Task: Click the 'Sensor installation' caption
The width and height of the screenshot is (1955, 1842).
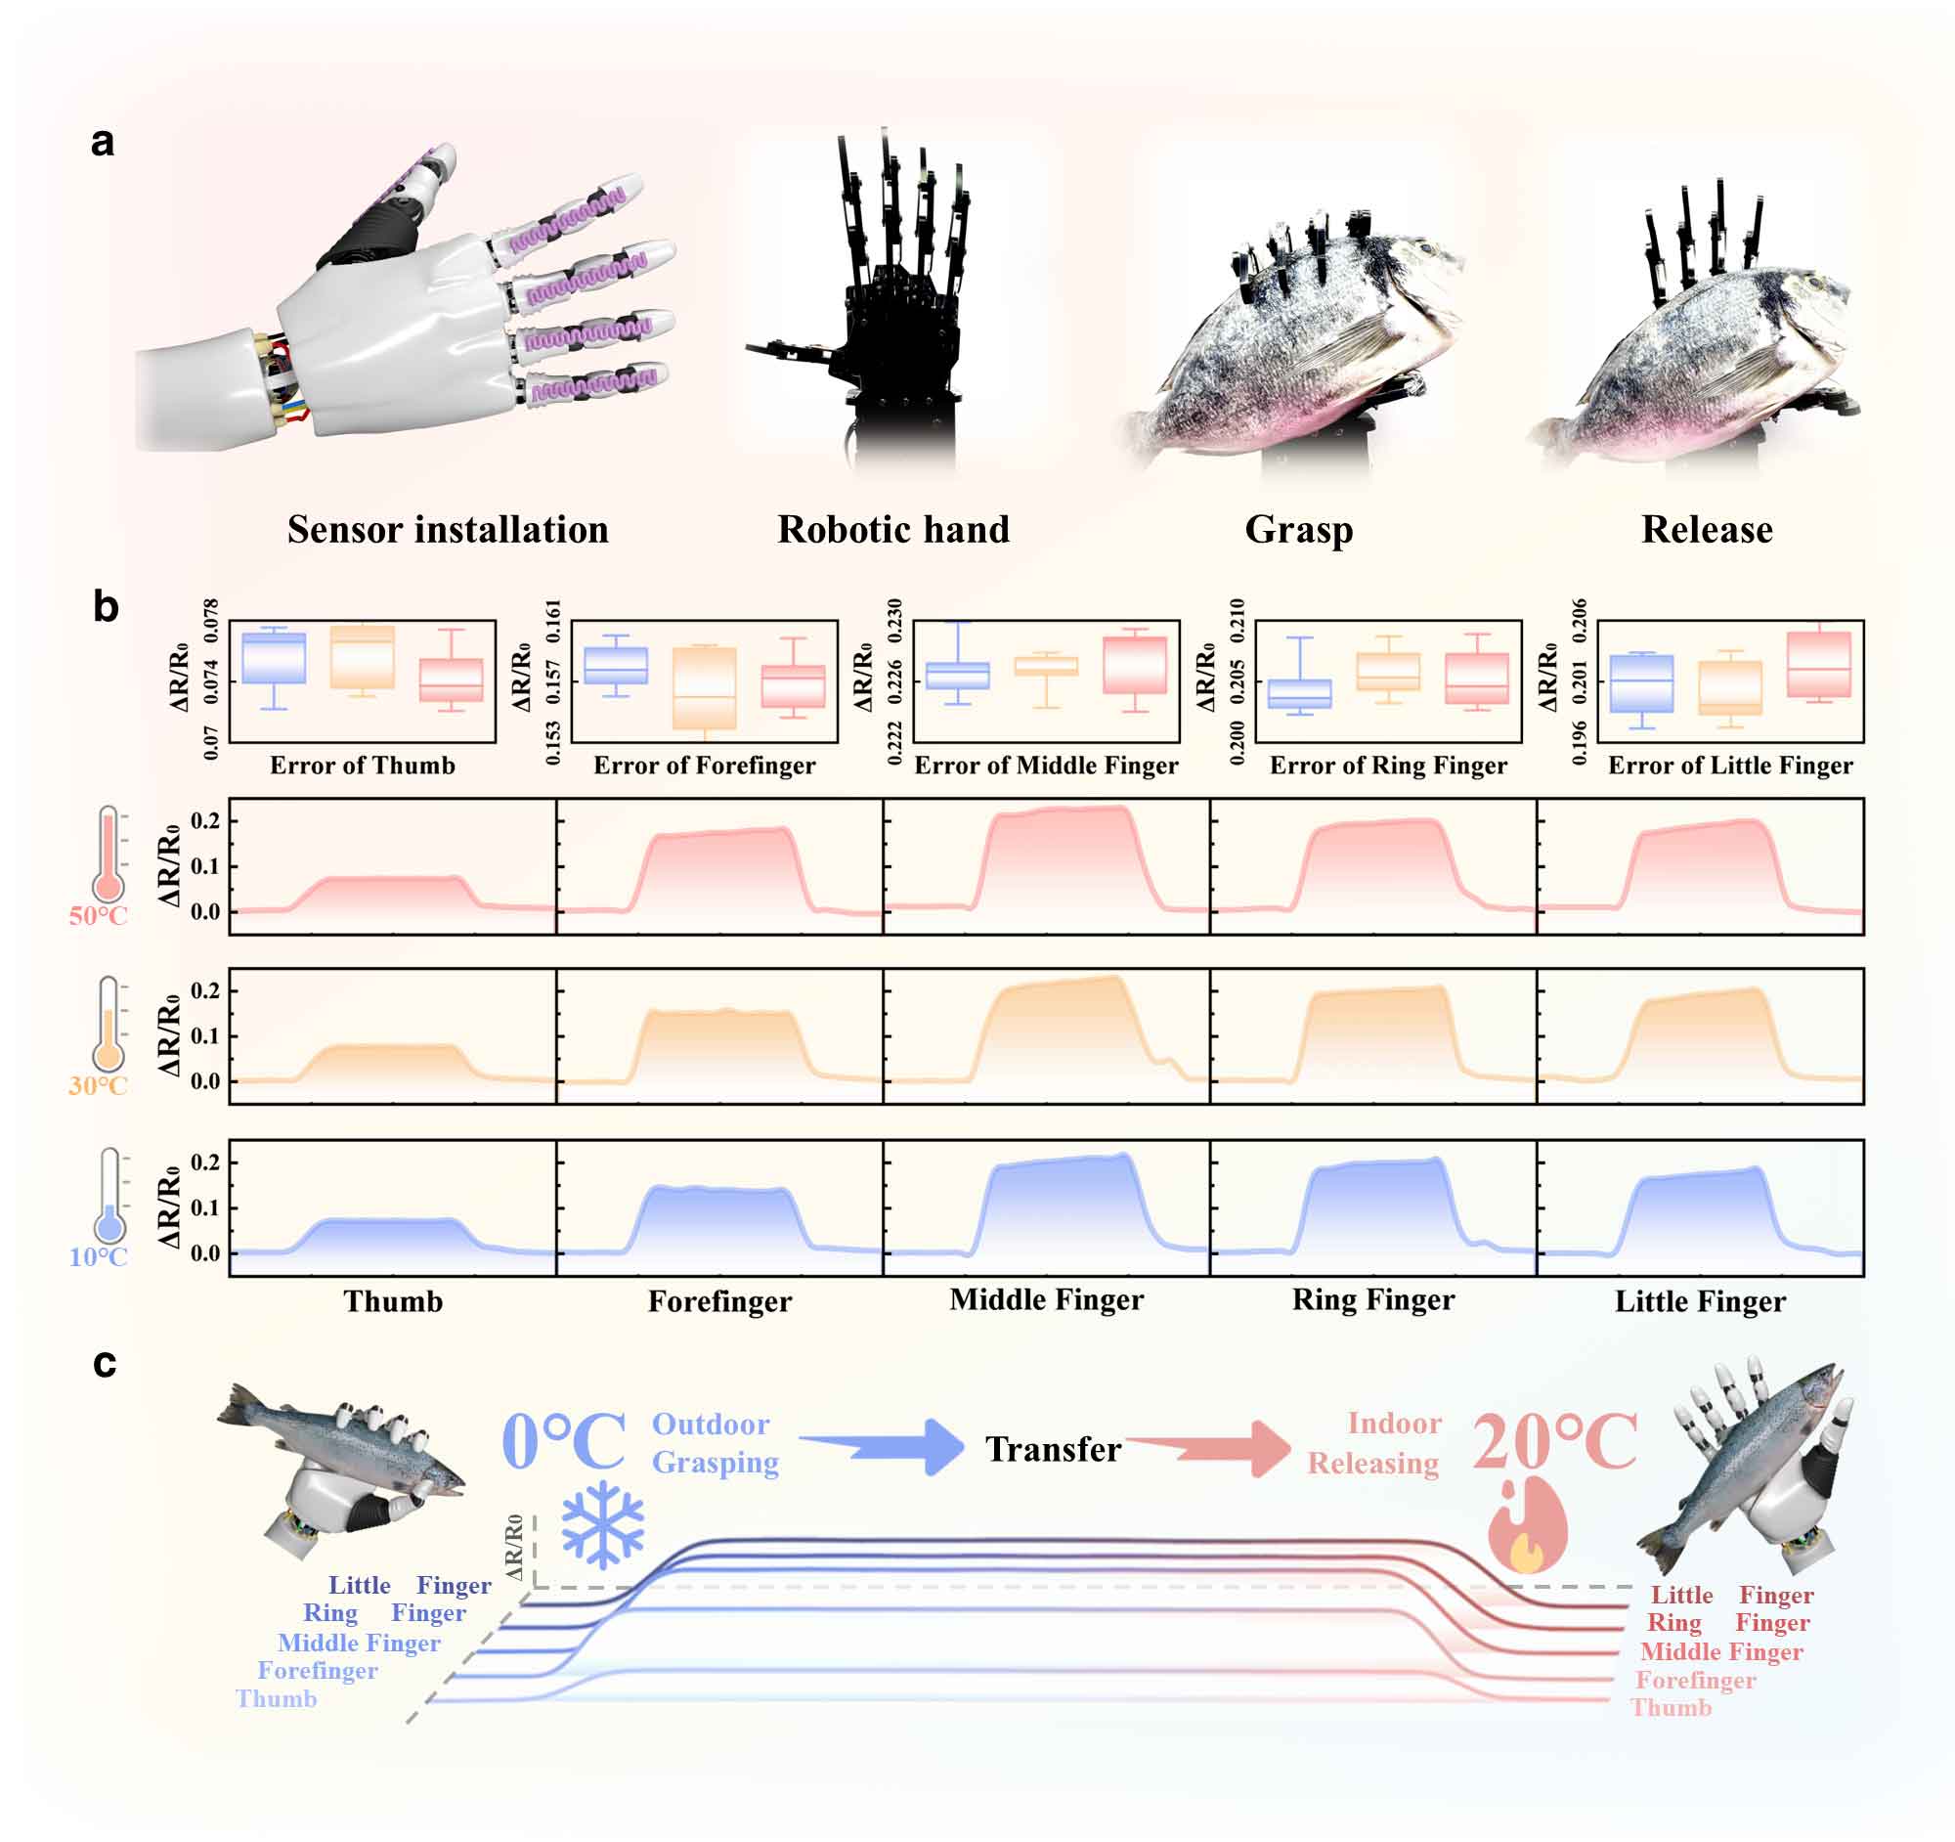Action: (448, 530)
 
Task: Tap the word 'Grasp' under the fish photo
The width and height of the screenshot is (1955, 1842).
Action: (1298, 530)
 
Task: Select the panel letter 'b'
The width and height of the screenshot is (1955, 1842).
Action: (106, 607)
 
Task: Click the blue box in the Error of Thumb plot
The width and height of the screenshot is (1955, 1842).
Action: (274, 658)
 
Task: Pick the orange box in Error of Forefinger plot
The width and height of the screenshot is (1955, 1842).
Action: (704, 687)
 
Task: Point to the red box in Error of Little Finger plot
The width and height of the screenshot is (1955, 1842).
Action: (1819, 664)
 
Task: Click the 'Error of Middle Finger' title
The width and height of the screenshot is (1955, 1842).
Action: (1045, 766)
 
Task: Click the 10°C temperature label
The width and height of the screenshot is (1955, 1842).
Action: (99, 1257)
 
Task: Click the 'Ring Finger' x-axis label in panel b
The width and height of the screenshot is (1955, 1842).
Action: (1372, 1300)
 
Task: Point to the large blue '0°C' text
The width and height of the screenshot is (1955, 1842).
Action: (563, 1442)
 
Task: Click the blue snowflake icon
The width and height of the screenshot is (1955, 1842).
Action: (603, 1524)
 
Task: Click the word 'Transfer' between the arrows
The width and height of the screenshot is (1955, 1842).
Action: (1053, 1449)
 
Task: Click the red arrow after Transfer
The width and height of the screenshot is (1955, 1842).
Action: (1209, 1448)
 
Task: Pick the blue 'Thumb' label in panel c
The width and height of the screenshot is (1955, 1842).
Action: (277, 1698)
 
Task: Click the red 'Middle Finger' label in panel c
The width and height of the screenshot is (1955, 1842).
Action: (1721, 1651)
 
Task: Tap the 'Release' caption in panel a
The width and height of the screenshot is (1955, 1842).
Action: (1707, 530)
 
